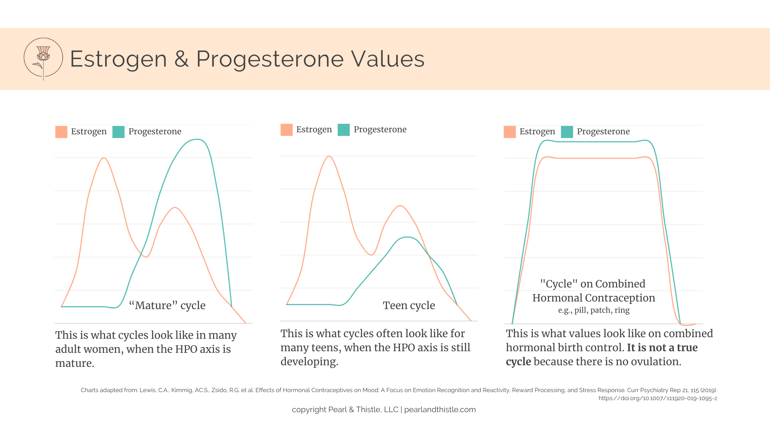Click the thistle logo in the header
[x=43, y=59]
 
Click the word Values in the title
[x=388, y=59]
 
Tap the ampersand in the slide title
[x=181, y=59]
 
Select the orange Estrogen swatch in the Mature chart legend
[x=61, y=132]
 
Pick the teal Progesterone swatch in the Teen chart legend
[x=344, y=130]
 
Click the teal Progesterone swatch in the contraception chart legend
[x=567, y=132]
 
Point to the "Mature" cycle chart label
[x=167, y=306]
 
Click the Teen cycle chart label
[x=409, y=306]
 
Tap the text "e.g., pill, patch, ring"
[x=594, y=310]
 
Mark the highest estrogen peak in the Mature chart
[x=104, y=158]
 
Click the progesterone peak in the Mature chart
[x=197, y=140]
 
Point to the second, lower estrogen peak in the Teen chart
[x=400, y=206]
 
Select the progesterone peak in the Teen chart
[x=407, y=237]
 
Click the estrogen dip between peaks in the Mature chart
[x=146, y=257]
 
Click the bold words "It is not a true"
[x=662, y=348]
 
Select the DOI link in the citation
[x=658, y=399]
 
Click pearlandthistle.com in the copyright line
[x=440, y=410]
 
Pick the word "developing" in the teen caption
[x=308, y=362]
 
